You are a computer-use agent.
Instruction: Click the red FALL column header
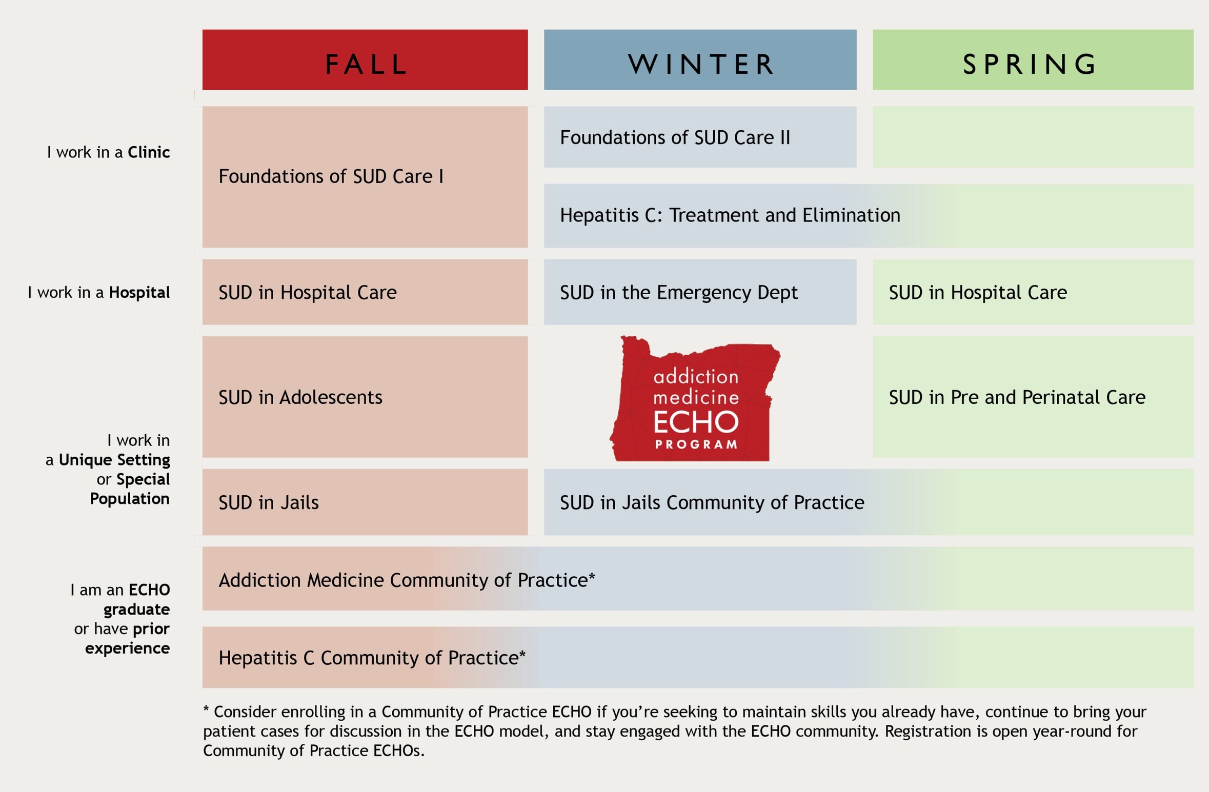[x=365, y=60]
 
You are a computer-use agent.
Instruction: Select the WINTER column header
[x=700, y=60]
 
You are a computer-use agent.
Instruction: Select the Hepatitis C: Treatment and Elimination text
[x=730, y=215]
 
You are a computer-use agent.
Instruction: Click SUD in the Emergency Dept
[x=678, y=292]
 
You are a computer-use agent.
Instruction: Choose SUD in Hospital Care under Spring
[x=977, y=292]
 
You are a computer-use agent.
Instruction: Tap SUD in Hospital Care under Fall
[x=308, y=292]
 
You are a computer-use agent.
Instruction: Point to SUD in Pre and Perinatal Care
[x=1017, y=397]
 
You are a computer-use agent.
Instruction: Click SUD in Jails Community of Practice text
[x=712, y=502]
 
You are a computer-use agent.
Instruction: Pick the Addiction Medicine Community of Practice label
[x=406, y=580]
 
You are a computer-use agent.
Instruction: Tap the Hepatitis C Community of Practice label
[x=371, y=658]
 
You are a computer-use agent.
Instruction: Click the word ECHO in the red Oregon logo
[x=696, y=421]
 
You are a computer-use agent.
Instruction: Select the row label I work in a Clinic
[x=108, y=152]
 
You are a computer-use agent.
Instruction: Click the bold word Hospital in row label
[x=139, y=292]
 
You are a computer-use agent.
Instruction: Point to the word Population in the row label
[x=130, y=498]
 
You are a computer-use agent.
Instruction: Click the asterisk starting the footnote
[x=206, y=710]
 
